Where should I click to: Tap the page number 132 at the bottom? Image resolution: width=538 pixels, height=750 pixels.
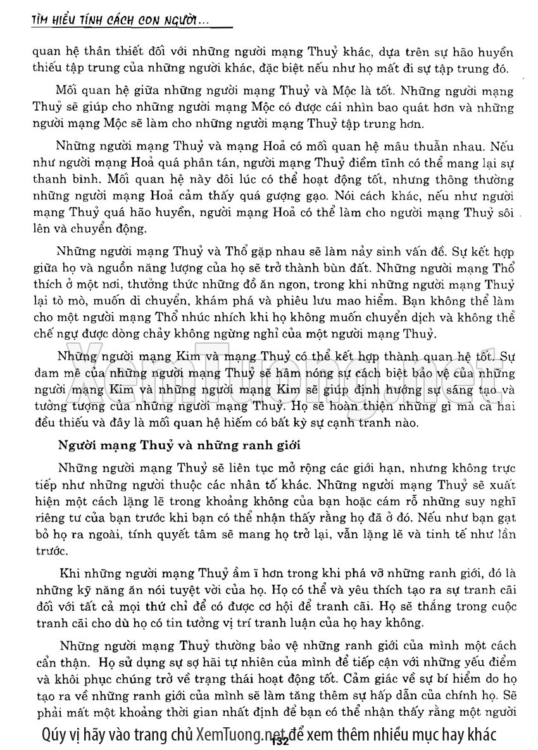click(x=278, y=738)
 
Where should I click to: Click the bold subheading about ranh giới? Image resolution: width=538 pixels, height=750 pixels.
click(x=179, y=444)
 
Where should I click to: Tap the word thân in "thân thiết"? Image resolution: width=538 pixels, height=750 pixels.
click(x=111, y=53)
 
